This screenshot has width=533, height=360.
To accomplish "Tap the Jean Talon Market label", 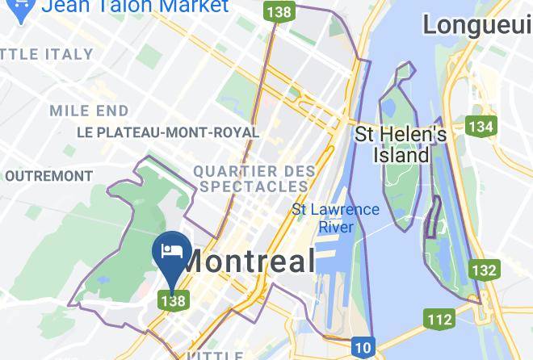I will tap(135, 6).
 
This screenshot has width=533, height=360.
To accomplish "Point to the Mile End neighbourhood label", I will tap(89, 111).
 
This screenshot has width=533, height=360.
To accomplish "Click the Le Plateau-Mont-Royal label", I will tap(167, 132).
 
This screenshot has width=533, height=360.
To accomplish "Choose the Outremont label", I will tap(48, 175).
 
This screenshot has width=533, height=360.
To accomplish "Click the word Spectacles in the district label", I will tap(254, 186).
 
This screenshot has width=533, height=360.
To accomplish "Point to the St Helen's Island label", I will tap(401, 144).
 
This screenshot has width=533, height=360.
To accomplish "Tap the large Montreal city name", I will tap(248, 261).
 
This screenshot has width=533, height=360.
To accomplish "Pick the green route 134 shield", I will tap(481, 126).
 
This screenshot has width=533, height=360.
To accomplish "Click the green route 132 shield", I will tap(484, 270).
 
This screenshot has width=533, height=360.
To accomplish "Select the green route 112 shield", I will tap(439, 319).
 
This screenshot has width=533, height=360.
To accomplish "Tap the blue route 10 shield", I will tap(363, 348).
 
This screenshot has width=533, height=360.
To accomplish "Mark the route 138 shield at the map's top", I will tap(279, 12).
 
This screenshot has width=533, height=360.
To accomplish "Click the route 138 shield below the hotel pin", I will tap(174, 300).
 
